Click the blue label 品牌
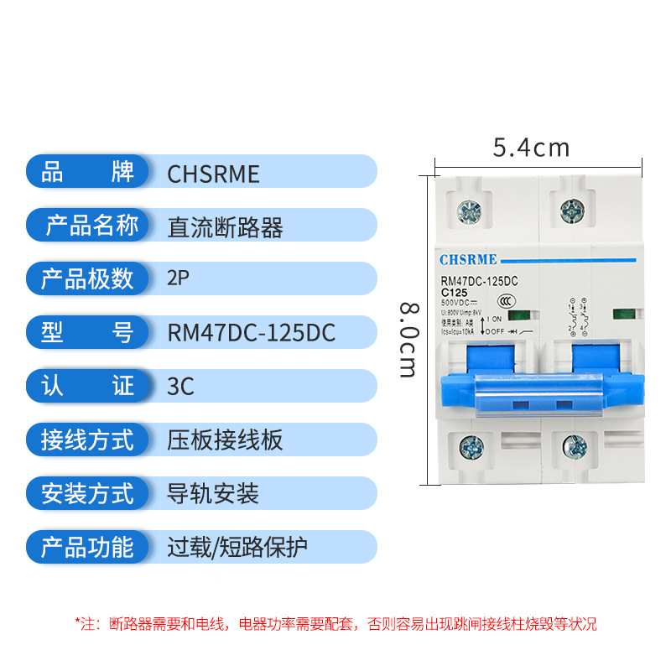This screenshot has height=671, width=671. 87,172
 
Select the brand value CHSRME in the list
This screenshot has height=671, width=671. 214,174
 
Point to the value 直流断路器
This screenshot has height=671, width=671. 226,227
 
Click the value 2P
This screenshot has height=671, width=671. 179,279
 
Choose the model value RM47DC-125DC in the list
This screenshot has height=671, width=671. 252,333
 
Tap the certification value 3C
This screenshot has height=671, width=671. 181,387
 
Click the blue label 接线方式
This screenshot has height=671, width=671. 87,440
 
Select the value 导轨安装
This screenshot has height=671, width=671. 214,494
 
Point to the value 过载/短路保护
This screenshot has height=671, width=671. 238,548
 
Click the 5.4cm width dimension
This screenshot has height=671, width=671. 531,148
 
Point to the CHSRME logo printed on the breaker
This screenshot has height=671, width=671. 469,258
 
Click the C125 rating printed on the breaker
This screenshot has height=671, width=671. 455,291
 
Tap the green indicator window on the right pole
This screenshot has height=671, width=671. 623,315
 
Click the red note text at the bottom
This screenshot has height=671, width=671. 335,623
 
